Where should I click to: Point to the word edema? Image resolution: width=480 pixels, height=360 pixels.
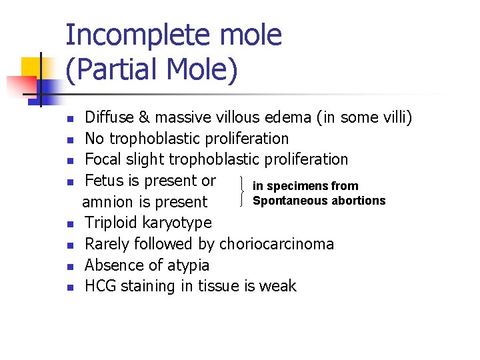tap(287, 118)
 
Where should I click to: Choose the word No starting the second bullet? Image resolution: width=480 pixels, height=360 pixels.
tap(95, 139)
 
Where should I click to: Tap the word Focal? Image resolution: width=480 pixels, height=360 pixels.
tap(102, 159)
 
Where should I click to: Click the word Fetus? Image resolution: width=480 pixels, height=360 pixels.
tap(104, 181)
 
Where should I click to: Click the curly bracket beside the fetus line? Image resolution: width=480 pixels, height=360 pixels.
tap(241, 191)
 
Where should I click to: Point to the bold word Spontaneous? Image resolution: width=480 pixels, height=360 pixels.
tap(285, 201)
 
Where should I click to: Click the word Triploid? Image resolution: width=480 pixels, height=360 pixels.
tap(112, 223)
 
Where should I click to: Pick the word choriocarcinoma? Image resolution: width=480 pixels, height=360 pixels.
tap(277, 244)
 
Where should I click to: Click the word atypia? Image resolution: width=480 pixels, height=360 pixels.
tap(187, 265)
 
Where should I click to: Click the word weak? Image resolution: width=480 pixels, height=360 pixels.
tap(278, 286)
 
